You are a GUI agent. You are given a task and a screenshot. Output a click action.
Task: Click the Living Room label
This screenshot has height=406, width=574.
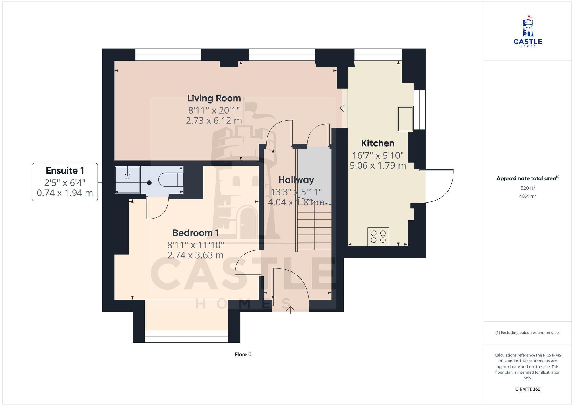coord(214,98)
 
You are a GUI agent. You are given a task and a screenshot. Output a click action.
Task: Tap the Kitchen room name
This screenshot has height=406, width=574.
coord(378,143)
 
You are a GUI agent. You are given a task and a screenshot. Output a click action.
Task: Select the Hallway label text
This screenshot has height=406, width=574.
coord(296,180)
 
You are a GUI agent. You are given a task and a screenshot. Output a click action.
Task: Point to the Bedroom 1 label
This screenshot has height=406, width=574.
coord(196,233)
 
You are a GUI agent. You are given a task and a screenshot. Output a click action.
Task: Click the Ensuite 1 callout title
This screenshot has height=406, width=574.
coord(65,171)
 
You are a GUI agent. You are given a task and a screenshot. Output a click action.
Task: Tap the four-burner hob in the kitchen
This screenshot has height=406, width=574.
coord(378,236)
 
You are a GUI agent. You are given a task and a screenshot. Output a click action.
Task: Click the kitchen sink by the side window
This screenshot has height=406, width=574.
coord(405,119)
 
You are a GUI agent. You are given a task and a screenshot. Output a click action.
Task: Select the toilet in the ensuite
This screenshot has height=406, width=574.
coord(171,180)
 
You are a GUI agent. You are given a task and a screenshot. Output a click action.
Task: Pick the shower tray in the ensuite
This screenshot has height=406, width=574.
coord(127,180)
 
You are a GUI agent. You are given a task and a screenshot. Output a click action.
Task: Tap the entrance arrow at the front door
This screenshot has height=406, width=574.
coord(290,310)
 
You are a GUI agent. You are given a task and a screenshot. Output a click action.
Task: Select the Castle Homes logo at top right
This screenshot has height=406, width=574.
coord(528,31)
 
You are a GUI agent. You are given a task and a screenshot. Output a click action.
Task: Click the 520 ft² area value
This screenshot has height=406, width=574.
coord(528,188)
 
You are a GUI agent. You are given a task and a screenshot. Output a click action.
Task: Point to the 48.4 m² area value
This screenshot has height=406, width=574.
coord(528,196)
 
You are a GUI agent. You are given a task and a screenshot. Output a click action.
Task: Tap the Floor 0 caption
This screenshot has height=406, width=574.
coord(243,354)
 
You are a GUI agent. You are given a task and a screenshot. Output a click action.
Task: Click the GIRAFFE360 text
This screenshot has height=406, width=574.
coord(528,389)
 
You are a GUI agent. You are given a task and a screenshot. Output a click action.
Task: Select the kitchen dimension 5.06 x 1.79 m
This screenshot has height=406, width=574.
coord(378,166)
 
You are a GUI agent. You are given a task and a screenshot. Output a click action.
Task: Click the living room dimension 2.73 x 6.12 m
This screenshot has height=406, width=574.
coord(214,121)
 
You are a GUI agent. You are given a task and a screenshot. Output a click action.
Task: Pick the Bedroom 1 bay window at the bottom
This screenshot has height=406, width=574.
coord(187,337)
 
